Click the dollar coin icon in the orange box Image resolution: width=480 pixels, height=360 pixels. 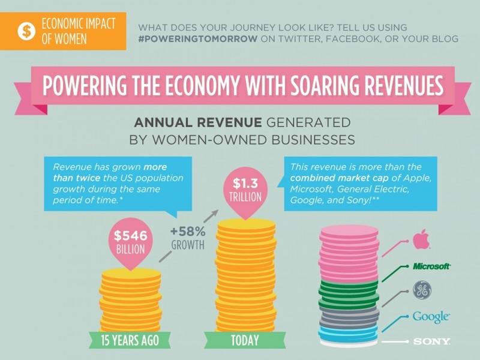click(26, 31)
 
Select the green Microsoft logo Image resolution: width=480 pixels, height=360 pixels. click(431, 265)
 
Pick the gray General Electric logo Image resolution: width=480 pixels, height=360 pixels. click(422, 290)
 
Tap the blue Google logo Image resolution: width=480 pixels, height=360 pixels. click(431, 316)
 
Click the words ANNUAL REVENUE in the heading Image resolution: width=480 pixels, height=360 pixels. click(196, 123)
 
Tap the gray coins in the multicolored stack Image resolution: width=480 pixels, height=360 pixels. click(349, 317)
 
